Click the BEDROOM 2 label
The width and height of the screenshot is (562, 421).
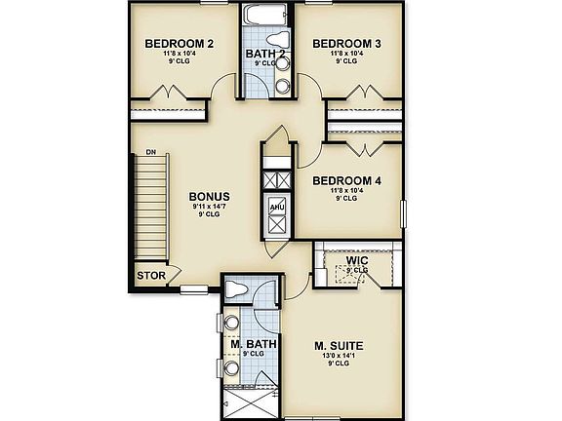pyautogui.click(x=180, y=44)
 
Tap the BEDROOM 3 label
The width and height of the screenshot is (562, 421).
pyautogui.click(x=344, y=44)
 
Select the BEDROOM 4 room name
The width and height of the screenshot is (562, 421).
pyautogui.click(x=346, y=181)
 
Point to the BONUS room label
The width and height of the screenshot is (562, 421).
pyautogui.click(x=210, y=196)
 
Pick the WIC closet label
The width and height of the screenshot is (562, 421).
pyautogui.click(x=354, y=260)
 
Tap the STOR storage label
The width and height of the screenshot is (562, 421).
pyautogui.click(x=150, y=276)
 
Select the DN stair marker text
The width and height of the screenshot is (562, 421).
pyautogui.click(x=151, y=153)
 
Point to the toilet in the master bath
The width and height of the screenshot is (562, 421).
pyautogui.click(x=235, y=288)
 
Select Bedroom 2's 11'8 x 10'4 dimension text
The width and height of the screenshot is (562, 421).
pyautogui.click(x=180, y=55)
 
